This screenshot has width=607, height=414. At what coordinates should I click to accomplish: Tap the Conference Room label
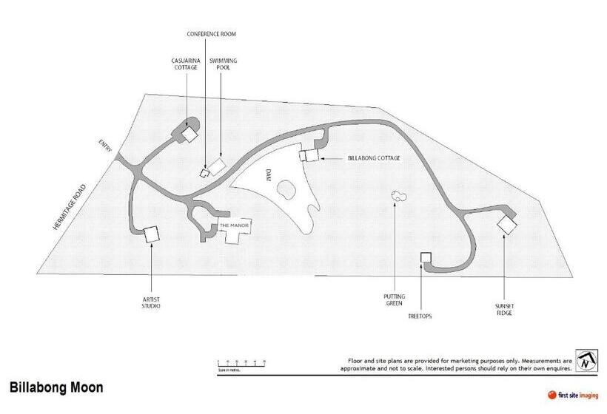point(211,34)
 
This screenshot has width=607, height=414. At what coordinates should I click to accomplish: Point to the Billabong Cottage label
point(374,158)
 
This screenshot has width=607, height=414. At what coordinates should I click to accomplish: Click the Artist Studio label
point(151,302)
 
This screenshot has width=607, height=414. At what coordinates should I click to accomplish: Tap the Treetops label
point(420,316)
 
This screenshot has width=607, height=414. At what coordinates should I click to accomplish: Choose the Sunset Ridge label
point(504,309)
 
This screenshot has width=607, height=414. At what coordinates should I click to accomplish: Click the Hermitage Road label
point(70,206)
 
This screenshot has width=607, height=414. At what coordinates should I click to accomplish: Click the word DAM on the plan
point(269,175)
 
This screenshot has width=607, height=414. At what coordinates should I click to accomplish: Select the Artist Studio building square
point(152,234)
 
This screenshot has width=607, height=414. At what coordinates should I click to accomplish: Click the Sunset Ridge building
point(508,225)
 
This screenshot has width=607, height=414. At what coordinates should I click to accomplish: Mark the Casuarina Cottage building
point(190,135)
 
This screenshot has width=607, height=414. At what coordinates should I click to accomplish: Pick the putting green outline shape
point(399,196)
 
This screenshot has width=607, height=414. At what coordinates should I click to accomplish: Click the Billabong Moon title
point(56,387)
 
